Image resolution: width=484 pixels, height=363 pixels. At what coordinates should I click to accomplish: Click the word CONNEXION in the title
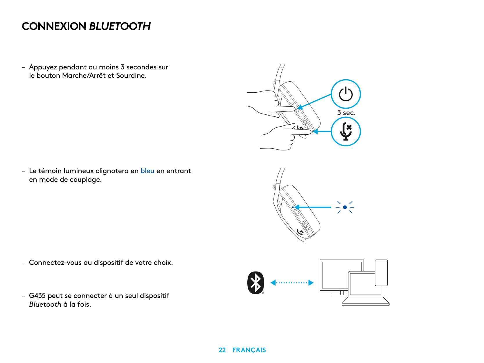(x=54, y=26)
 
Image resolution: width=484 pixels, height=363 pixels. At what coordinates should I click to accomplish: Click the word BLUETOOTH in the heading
(x=120, y=26)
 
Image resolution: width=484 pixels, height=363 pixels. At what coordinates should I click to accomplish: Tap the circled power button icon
(x=346, y=94)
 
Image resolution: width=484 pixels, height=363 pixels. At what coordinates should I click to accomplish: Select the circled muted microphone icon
(x=346, y=132)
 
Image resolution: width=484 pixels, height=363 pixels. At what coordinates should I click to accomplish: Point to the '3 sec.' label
(x=346, y=113)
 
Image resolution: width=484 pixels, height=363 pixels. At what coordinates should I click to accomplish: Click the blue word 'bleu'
(x=147, y=171)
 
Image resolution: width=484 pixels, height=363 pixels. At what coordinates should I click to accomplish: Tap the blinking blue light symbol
(x=345, y=207)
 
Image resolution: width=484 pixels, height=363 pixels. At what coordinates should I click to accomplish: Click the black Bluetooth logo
(x=256, y=283)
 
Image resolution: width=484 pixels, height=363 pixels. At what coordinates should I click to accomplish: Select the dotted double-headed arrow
(x=292, y=283)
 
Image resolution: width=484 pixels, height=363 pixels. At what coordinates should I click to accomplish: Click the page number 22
(x=222, y=350)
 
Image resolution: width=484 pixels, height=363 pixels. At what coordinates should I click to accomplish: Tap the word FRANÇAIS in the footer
(x=249, y=350)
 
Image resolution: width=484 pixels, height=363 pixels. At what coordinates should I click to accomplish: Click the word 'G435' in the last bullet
(x=37, y=296)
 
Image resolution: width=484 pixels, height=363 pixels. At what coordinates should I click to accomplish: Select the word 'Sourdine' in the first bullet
(x=131, y=76)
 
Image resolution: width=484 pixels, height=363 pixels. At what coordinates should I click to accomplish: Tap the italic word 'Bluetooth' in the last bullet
(x=45, y=304)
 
